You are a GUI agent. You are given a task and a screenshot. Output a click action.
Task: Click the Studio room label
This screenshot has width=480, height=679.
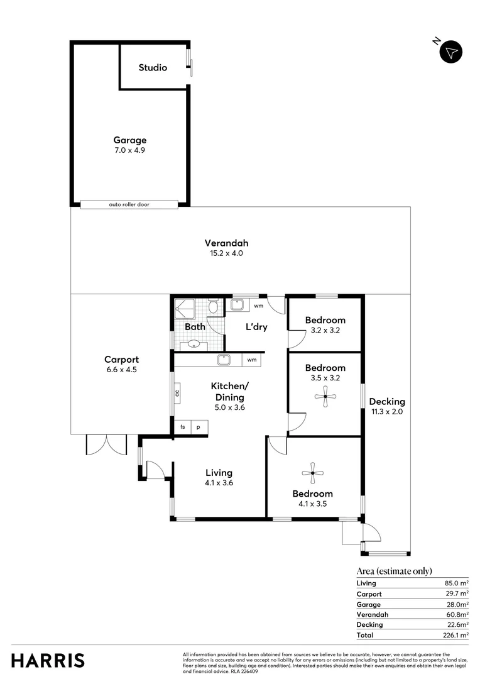click(x=153, y=67)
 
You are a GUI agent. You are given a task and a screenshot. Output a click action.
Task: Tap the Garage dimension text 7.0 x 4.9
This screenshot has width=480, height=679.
click(x=129, y=150)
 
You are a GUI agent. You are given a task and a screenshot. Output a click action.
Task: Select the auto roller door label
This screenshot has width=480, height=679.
click(x=129, y=204)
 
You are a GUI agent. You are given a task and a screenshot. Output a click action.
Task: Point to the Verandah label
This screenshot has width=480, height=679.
click(x=226, y=243)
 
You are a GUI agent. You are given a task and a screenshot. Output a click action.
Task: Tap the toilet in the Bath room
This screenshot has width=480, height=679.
click(x=214, y=307)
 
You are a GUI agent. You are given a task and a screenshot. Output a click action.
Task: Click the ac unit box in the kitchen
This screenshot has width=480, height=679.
click(x=177, y=393)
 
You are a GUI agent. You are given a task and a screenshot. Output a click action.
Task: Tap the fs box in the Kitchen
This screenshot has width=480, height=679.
click(x=183, y=427)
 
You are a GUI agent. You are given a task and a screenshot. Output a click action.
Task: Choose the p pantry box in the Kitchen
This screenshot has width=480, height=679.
click(x=199, y=427)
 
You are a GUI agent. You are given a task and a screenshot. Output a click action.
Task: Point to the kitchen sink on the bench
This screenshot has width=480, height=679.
click(x=225, y=360)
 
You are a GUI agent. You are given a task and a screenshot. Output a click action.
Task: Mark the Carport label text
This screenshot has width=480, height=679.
click(x=121, y=360)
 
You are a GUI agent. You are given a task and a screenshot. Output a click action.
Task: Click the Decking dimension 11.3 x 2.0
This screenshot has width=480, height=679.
click(x=386, y=412)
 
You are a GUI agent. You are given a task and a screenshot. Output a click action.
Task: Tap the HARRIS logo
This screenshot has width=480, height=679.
click(x=48, y=660)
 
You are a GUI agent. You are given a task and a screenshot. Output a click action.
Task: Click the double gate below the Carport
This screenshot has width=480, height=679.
click(x=106, y=444)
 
